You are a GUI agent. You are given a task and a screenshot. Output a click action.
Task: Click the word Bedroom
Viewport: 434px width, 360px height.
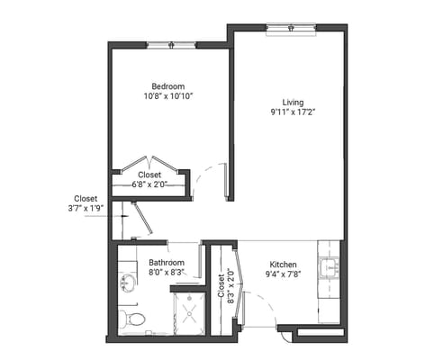click(168, 86)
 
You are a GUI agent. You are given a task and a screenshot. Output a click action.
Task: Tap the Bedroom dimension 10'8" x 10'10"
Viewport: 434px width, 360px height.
click(168, 96)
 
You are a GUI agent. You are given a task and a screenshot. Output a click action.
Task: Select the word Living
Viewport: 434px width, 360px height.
click(293, 102)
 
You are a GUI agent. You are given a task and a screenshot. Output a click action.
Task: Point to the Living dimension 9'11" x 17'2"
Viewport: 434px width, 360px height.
click(293, 112)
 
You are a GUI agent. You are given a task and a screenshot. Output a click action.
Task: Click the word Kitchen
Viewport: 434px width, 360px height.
click(282, 262)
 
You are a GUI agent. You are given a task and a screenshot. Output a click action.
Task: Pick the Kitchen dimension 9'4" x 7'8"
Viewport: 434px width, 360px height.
click(282, 273)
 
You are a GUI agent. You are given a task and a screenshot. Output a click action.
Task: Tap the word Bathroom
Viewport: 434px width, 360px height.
click(167, 262)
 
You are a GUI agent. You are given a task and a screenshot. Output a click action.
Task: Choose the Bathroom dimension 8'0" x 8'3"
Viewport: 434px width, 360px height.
click(167, 272)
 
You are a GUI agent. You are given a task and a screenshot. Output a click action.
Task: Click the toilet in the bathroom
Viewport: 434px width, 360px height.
click(132, 318)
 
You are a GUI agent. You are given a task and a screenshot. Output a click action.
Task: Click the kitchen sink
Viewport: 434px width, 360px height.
click(332, 268)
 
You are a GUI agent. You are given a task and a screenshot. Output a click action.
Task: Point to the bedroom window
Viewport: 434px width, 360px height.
click(171, 44)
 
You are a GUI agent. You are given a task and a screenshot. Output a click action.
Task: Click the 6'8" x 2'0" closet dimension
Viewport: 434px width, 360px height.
click(149, 184)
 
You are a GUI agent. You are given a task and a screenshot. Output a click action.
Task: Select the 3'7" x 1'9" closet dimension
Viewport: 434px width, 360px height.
click(86, 208)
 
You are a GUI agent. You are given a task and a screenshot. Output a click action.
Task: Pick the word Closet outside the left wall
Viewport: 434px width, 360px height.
click(86, 197)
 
